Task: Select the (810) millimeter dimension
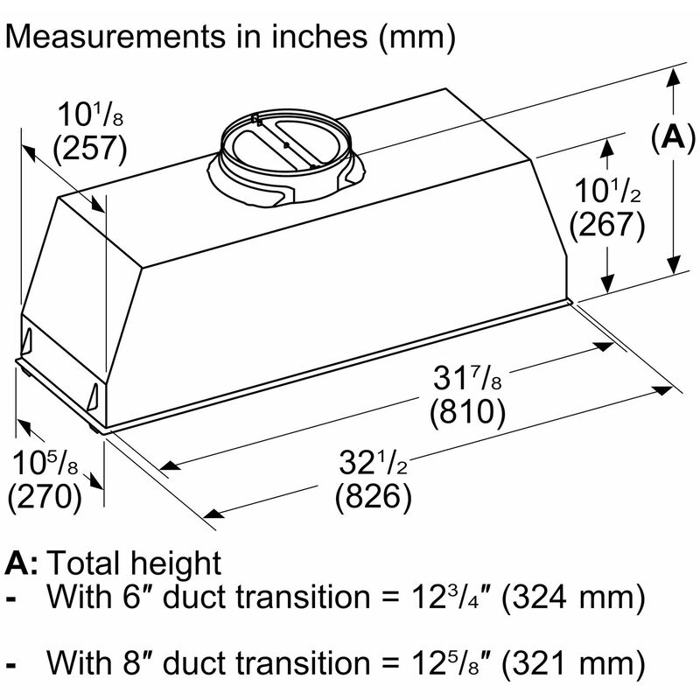[467, 411]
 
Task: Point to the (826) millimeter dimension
[374, 496]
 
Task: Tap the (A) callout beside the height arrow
[673, 137]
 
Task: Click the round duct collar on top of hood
[286, 157]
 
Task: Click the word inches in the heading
[319, 36]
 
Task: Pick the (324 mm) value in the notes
[574, 597]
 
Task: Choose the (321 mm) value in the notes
[574, 663]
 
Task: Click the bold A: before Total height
[21, 563]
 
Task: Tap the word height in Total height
[179, 564]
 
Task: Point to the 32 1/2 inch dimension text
[374, 463]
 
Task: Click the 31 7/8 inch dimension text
[467, 378]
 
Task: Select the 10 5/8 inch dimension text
[45, 463]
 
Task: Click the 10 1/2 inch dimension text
[607, 191]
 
